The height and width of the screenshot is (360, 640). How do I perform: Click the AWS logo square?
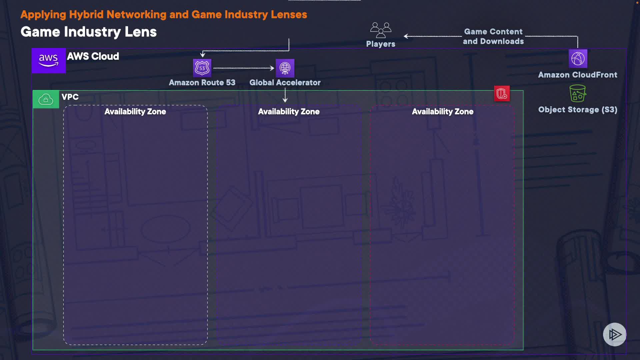[x=49, y=60]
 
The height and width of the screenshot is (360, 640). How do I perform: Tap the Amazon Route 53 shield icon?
[x=202, y=68]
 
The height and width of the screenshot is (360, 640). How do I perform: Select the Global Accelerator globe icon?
[x=285, y=68]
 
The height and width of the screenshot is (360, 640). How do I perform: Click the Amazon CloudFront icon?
[x=578, y=59]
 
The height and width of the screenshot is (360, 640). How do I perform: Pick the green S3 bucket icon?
[x=578, y=93]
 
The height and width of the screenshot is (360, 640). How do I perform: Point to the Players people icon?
[x=381, y=30]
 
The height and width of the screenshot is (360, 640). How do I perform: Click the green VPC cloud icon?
[x=46, y=99]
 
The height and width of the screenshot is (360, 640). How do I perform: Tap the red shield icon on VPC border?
[x=502, y=94]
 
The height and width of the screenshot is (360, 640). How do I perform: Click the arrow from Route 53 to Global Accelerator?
[x=244, y=68]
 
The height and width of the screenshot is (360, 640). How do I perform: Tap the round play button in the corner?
[x=614, y=334]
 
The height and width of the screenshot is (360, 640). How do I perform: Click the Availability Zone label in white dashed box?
[x=135, y=112]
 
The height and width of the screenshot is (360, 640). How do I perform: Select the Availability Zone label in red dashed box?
[x=442, y=112]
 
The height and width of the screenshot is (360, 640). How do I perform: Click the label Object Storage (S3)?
[x=578, y=110]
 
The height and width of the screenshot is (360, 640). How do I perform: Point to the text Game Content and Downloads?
[x=493, y=36]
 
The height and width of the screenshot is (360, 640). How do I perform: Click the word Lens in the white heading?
[x=140, y=32]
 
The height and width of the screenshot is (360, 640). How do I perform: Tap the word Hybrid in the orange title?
[x=86, y=15]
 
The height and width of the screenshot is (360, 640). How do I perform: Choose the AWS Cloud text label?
[x=93, y=56]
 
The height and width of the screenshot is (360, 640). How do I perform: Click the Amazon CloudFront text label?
[x=578, y=75]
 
